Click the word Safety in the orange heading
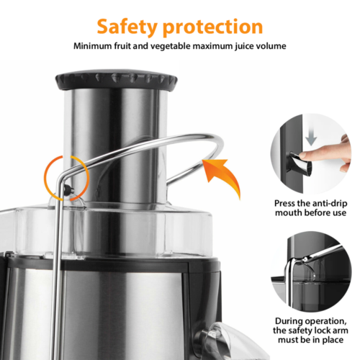(127, 27)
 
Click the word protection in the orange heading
(212, 27)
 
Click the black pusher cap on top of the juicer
(117, 81)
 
